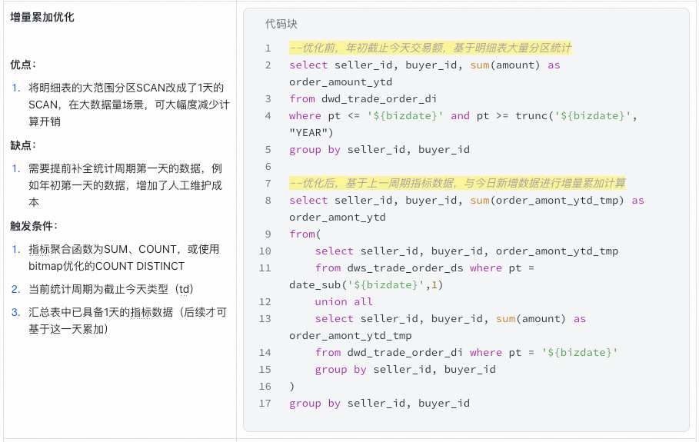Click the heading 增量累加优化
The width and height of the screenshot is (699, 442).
point(42,17)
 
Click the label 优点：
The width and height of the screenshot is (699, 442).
point(23,65)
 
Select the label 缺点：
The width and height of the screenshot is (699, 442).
point(23,145)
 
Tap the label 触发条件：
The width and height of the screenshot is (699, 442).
point(34,225)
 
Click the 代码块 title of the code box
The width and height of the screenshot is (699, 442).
point(281,24)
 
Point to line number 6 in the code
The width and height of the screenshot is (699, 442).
point(268,167)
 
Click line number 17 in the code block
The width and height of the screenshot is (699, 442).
point(265,404)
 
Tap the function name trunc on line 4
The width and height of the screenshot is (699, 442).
point(533,115)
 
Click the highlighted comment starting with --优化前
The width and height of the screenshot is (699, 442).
point(430,48)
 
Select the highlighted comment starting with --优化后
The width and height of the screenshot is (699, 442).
point(457,183)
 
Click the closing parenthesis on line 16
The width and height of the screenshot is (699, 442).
point(292,387)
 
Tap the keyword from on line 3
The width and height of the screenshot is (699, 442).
point(302,98)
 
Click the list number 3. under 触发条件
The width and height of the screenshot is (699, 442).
point(15,312)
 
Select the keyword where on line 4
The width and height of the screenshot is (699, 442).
point(305,115)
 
